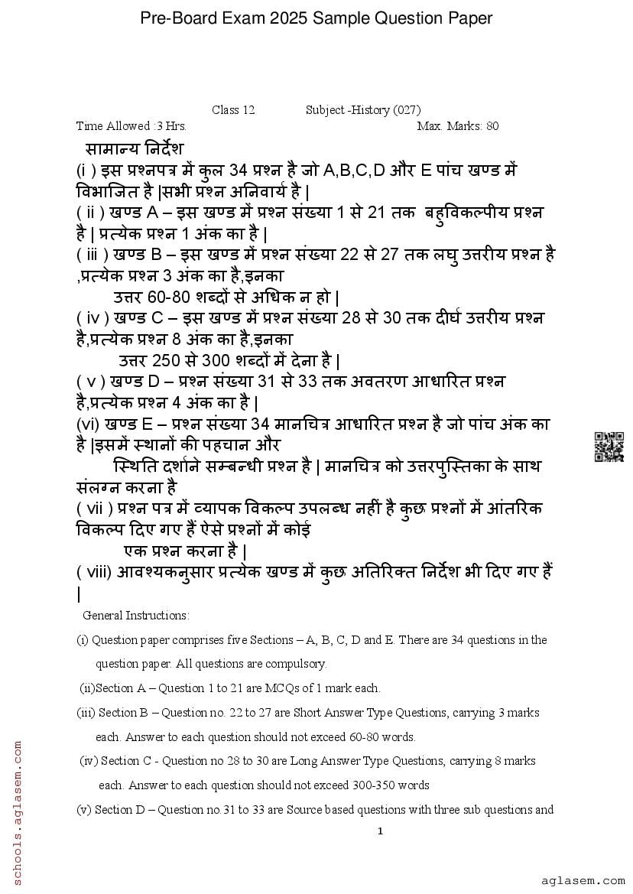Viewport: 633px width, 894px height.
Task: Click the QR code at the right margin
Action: [x=609, y=447]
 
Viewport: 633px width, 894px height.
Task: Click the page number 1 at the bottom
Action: [x=380, y=831]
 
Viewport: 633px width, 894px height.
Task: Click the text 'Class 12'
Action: [x=233, y=110]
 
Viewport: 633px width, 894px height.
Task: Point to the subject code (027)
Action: [x=407, y=110]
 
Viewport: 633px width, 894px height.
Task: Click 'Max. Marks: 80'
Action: [x=458, y=126]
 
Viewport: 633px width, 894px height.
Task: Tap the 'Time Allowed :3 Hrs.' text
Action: [x=131, y=126]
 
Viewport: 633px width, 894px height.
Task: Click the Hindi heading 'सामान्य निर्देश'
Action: [x=135, y=148]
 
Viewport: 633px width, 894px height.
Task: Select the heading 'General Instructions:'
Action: [x=135, y=615]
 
